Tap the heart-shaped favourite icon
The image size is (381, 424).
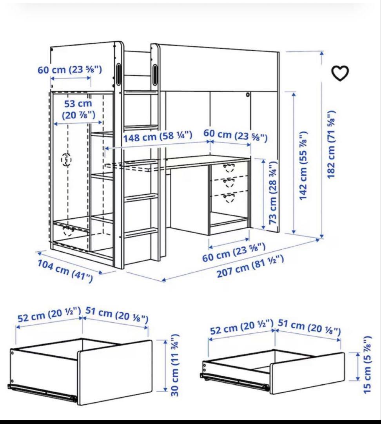click(340, 73)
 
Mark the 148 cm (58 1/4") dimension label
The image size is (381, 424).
click(158, 137)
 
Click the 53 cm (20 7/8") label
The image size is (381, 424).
click(78, 110)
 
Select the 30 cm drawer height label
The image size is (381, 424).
click(175, 365)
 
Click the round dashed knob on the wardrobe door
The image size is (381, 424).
click(67, 160)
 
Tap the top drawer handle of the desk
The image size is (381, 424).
click(229, 168)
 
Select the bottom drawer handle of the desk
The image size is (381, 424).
click(229, 197)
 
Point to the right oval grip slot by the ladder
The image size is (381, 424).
click(155, 74)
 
